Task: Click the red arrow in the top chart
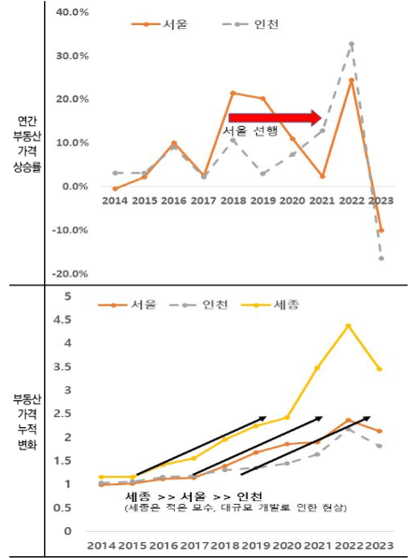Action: tap(275, 117)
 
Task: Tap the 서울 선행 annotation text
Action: tap(251, 132)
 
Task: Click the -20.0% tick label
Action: tap(71, 273)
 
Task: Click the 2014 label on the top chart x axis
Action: tap(115, 200)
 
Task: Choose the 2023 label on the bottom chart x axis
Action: tap(380, 544)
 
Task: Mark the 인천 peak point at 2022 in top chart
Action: tap(351, 43)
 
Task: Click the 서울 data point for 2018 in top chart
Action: tap(232, 93)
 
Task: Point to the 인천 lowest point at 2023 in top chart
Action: tap(381, 258)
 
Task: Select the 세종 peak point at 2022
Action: tap(349, 325)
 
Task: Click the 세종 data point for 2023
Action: tap(379, 368)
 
